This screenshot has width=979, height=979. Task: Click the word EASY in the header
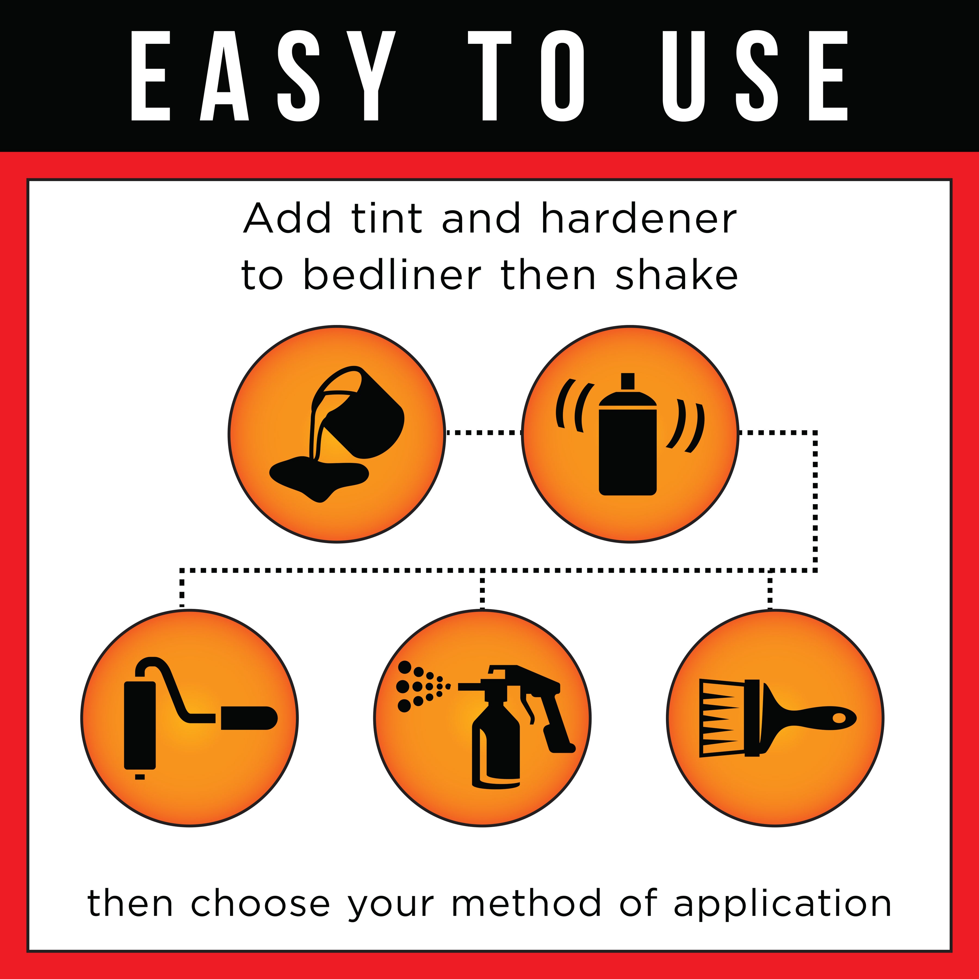pos(263,76)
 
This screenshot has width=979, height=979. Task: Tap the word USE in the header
pos(755,76)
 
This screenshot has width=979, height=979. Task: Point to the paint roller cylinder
pos(140,725)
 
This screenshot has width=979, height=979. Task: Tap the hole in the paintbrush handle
pos(839,718)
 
